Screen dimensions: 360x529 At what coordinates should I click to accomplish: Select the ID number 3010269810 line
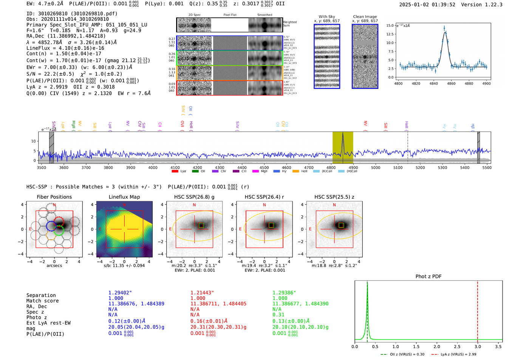pyautogui.click(x=72, y=14)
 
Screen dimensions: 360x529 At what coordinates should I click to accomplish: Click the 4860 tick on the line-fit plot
pyautogui.click(x=451, y=83)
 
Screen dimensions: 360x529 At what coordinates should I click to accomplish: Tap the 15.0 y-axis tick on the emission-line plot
pyautogui.click(x=390, y=26)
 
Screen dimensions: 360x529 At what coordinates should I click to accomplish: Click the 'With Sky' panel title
pyautogui.click(x=326, y=17)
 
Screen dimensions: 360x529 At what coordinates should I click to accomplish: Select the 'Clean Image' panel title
pyautogui.click(x=365, y=17)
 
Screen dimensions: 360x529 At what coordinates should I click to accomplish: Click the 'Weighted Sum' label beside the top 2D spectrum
pyautogui.click(x=290, y=24)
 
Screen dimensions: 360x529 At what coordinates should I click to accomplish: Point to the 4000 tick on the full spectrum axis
pyautogui.click(x=153, y=167)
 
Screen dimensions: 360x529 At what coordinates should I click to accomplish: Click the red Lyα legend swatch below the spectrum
pyautogui.click(x=175, y=172)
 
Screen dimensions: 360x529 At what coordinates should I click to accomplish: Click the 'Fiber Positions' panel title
pyautogui.click(x=54, y=197)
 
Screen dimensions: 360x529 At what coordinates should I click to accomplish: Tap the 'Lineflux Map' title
pyautogui.click(x=124, y=197)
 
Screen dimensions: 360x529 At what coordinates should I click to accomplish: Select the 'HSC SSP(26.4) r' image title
pyautogui.click(x=264, y=197)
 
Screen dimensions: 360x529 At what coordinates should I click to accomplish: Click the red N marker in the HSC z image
pyautogui.click(x=334, y=205)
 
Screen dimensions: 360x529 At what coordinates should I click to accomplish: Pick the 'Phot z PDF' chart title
pyautogui.click(x=428, y=277)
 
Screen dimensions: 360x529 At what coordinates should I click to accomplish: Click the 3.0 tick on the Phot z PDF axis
pyautogui.click(x=478, y=346)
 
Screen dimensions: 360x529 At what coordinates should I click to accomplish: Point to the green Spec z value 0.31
pyautogui.click(x=278, y=315)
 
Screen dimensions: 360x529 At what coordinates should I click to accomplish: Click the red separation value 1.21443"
pyautogui.click(x=202, y=293)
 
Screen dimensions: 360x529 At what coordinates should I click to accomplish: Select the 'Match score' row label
pyautogui.click(x=42, y=301)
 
